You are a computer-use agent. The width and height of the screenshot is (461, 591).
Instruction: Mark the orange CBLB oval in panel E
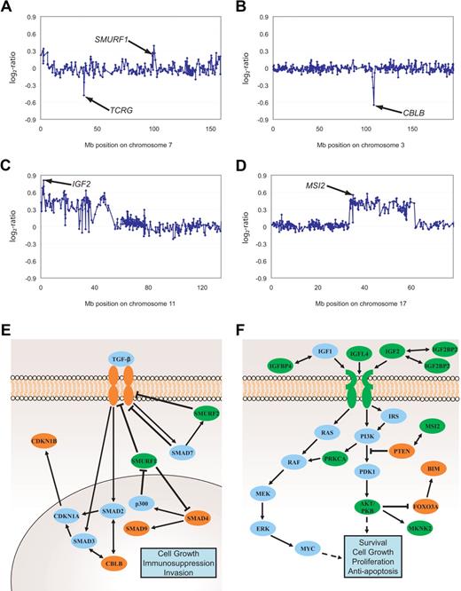107,560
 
